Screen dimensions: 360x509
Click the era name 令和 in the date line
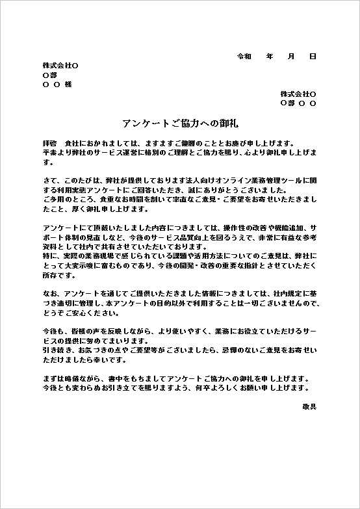pyautogui.click(x=244, y=57)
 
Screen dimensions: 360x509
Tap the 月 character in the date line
pyautogui.click(x=291, y=57)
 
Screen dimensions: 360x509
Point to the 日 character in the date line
pyautogui.click(x=313, y=57)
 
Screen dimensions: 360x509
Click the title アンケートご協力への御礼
pyautogui.click(x=179, y=123)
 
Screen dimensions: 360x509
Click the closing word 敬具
pyautogui.click(x=309, y=406)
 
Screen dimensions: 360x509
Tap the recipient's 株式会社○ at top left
pyautogui.click(x=60, y=66)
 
